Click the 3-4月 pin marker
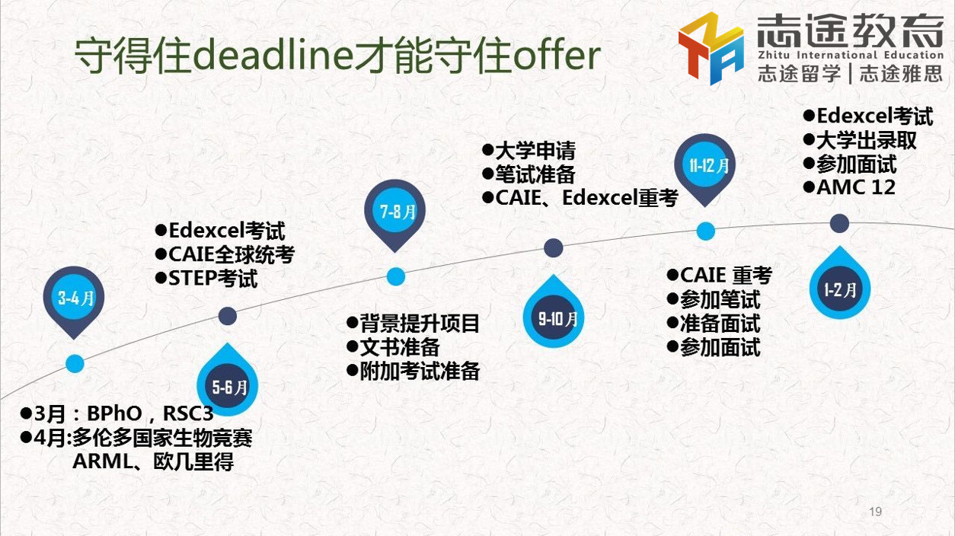point(74,301)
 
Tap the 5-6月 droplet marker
point(227,381)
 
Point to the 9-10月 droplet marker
point(554,312)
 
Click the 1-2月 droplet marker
point(840,283)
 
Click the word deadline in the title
point(273,56)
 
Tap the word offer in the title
point(557,56)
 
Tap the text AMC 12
point(856,187)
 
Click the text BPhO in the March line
point(114,413)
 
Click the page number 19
point(876,512)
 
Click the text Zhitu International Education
point(851,55)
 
